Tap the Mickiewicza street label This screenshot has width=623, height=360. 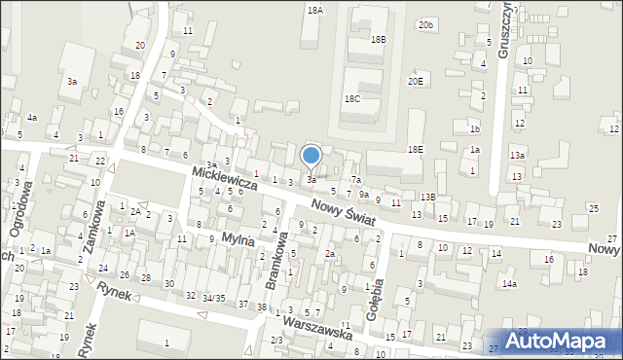[x=223, y=176]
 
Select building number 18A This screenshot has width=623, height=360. [x=314, y=9]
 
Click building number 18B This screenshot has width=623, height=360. [x=379, y=39]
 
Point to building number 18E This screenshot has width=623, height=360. [x=416, y=149]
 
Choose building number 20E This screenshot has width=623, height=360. [x=416, y=81]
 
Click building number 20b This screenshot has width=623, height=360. [x=425, y=24]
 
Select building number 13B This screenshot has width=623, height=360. [x=428, y=197]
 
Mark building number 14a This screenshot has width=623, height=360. [x=509, y=283]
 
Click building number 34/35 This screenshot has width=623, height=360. [x=214, y=297]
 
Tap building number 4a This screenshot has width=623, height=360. [x=32, y=118]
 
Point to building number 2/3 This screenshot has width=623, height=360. [x=276, y=340]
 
